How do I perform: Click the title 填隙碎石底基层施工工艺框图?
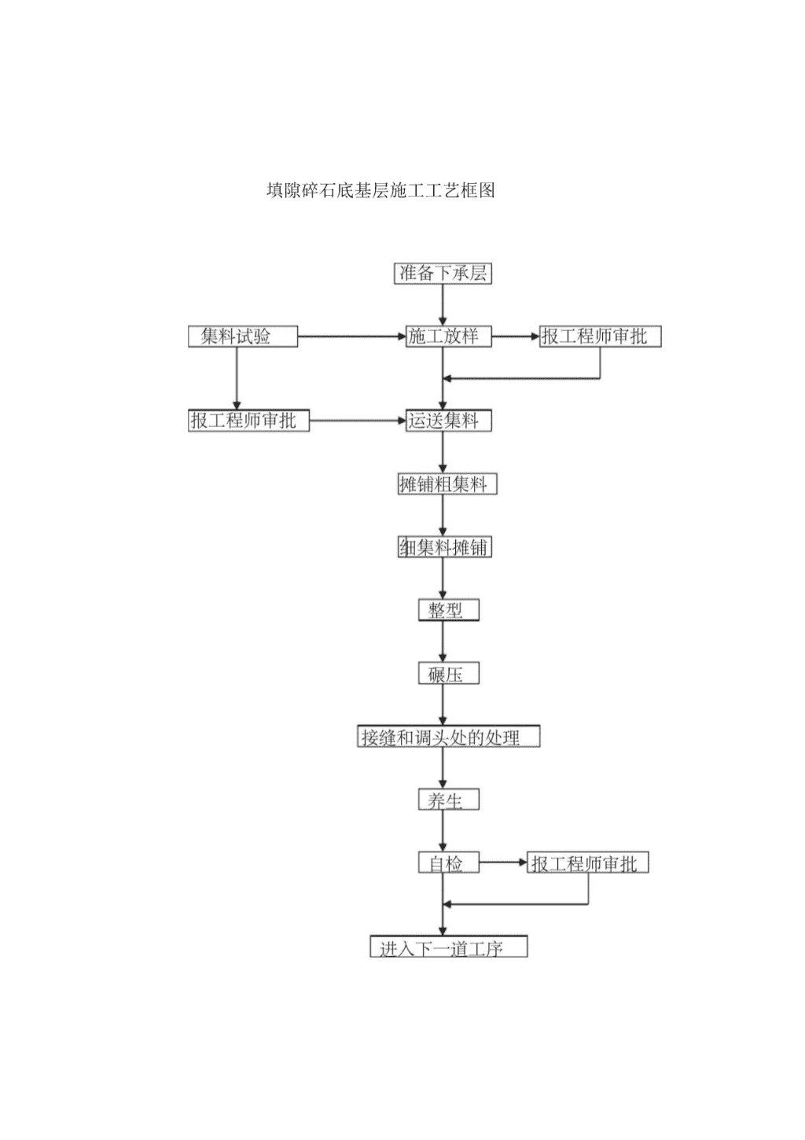coord(380,190)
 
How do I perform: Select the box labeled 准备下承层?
coord(443,274)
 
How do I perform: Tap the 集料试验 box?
coord(243,336)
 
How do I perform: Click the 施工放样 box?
coord(448,336)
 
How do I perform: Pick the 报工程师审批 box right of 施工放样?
coord(601,336)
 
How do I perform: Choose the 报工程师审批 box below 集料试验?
coord(249,421)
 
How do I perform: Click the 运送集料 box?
coord(448,421)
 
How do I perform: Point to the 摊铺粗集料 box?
coord(447,484)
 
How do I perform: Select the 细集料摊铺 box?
coord(445,546)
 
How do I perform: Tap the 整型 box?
coord(449,609)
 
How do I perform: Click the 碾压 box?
coord(449,673)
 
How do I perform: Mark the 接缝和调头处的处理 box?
coord(448,736)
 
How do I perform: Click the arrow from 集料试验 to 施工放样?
coord(351,336)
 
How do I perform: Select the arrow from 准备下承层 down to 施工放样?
coord(443,305)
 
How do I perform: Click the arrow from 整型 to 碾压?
coord(443,642)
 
